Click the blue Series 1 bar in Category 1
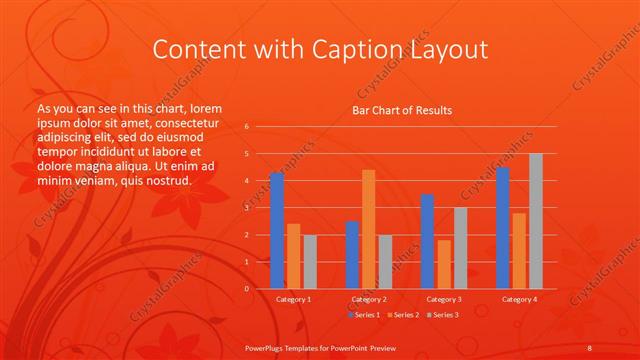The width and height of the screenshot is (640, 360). (x=276, y=231)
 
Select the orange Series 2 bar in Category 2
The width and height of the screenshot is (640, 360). (x=368, y=229)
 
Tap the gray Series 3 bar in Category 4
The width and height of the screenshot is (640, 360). (x=535, y=221)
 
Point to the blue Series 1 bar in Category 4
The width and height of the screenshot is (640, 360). (x=502, y=228)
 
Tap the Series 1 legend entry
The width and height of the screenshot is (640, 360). (x=364, y=315)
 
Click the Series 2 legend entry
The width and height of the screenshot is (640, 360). (x=403, y=315)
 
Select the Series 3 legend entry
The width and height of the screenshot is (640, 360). (x=442, y=315)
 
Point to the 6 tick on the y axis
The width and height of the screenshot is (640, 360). (x=246, y=127)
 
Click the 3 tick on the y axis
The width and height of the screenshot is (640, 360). (x=246, y=208)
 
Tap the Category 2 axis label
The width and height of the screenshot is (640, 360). (x=368, y=299)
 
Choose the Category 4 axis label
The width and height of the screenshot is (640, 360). (x=518, y=299)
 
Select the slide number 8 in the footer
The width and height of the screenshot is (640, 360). (x=590, y=347)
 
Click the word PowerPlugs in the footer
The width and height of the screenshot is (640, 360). (x=268, y=347)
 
